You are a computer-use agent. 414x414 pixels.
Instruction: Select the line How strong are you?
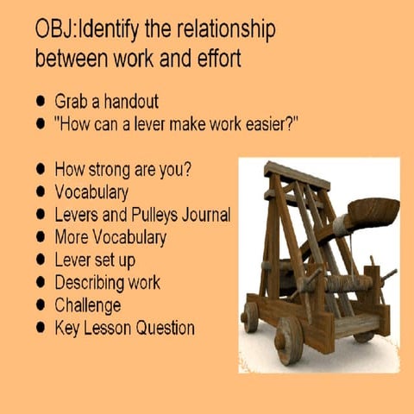pyautogui.click(x=122, y=168)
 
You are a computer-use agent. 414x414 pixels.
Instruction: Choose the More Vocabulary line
pyautogui.click(x=110, y=236)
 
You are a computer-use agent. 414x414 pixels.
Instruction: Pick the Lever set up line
pyautogui.click(x=95, y=259)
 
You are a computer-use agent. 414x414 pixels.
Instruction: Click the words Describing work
pyautogui.click(x=107, y=282)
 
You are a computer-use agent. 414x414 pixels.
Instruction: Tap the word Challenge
pyautogui.click(x=87, y=304)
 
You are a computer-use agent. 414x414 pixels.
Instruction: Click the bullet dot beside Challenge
pyautogui.click(x=40, y=305)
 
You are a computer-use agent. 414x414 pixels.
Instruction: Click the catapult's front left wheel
pyautogui.click(x=290, y=339)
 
